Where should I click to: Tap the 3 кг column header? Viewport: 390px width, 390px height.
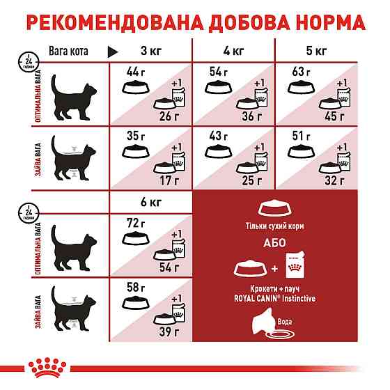pos(150,50)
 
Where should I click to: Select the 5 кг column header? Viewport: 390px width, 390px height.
pos(315,50)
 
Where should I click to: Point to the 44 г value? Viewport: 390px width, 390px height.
pos(134,71)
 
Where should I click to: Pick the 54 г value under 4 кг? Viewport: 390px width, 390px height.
pos(217,71)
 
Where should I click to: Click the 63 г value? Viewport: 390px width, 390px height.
pos(299,71)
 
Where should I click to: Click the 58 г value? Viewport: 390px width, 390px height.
pos(134,287)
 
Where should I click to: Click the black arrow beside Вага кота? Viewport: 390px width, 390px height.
pos(112,51)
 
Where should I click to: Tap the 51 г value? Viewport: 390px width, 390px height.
pos(299,135)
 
